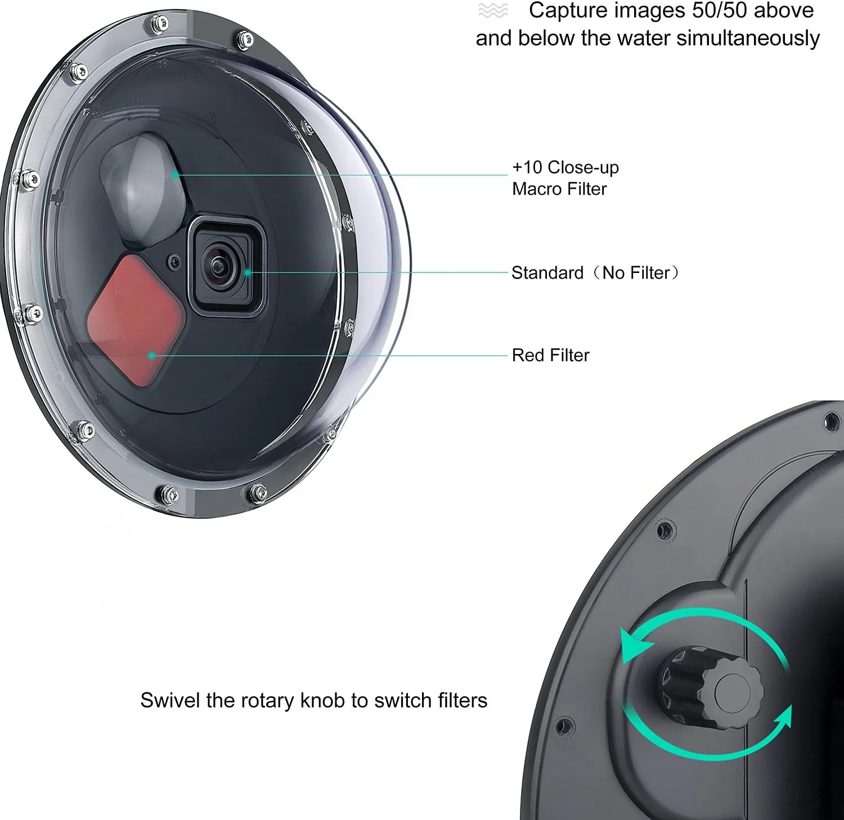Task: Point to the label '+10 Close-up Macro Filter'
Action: click(565, 178)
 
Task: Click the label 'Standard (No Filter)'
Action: click(595, 273)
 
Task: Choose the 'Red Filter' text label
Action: click(550, 355)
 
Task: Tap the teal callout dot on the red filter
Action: click(151, 355)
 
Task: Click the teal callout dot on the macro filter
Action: click(175, 174)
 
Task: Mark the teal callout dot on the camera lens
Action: click(247, 273)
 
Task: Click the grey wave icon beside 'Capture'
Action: click(493, 10)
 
